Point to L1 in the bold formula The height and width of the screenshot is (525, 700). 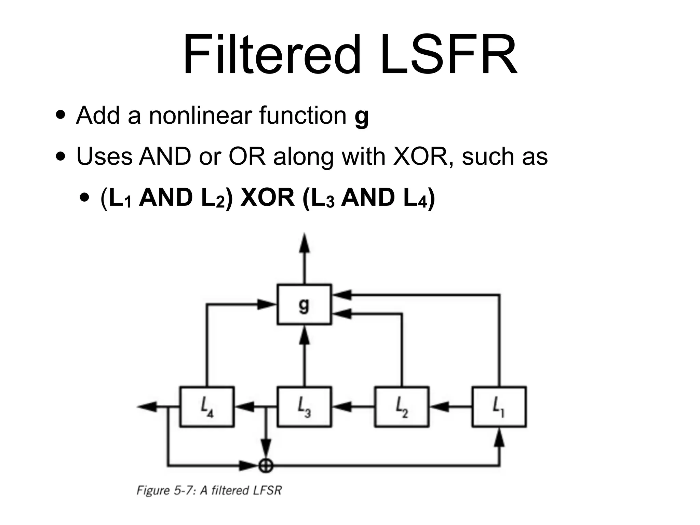(120, 198)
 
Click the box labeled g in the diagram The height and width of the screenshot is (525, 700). (304, 304)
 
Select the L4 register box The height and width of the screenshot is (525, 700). (207, 407)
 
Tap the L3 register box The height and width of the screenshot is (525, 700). (304, 407)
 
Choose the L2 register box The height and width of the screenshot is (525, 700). (401, 407)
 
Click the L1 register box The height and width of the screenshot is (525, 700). (499, 407)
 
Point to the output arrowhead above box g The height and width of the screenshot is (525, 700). (304, 243)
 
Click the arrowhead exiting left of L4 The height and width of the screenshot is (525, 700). (147, 407)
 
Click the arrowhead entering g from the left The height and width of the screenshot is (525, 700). (267, 304)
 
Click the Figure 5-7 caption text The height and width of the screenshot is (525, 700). (209, 490)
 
